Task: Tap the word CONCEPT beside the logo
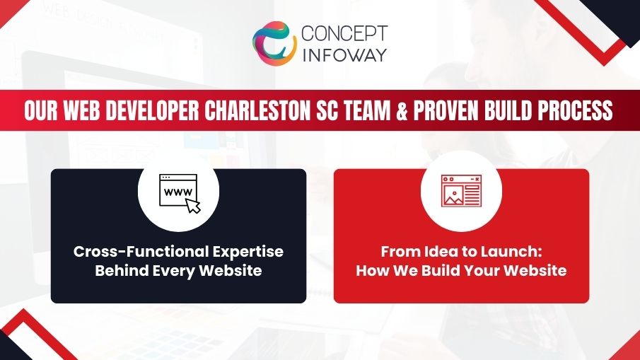tap(344, 34)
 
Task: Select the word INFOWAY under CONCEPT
tap(344, 54)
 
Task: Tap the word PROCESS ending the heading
tap(578, 112)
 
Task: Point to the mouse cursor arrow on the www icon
tap(192, 204)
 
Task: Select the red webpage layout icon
tap(461, 191)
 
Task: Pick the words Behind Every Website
tap(178, 270)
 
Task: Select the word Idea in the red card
tap(434, 252)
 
